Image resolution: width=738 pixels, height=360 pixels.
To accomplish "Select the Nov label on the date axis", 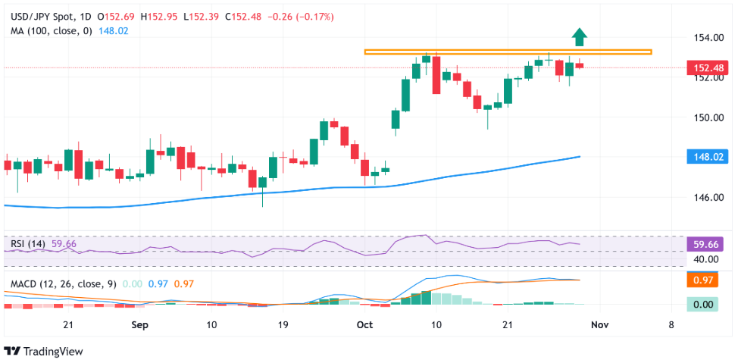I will [x=599, y=324].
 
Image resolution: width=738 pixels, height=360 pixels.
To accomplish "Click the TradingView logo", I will [x=45, y=351].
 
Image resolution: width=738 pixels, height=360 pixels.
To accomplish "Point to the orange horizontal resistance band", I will [x=508, y=52].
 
